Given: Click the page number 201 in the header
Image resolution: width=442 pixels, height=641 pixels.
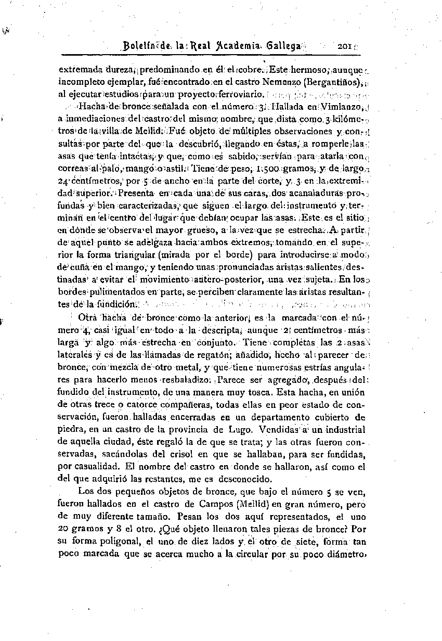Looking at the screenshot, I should (344, 46).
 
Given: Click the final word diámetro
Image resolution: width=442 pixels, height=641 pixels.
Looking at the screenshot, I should (346, 554).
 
